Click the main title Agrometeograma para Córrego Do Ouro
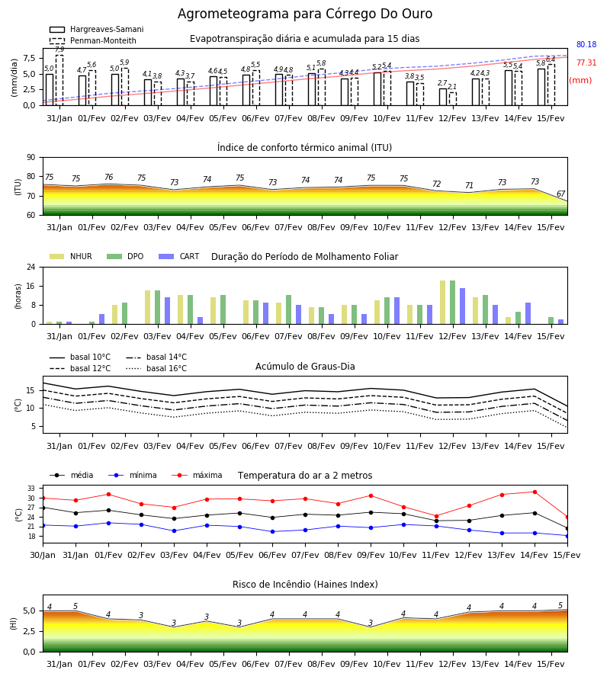coord(305,14)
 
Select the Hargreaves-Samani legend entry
coord(96,29)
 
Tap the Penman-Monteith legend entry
coord(93,40)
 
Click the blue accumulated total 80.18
coord(586,45)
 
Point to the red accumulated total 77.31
coord(586,63)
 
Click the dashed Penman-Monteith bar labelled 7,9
coord(59,80)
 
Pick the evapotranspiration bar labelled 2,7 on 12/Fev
coord(443,97)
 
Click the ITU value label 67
coord(560,194)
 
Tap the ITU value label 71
coord(469,185)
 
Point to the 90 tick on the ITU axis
coord(31,158)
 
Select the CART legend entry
coord(179,256)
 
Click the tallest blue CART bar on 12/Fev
coord(463,306)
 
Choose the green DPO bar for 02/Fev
coord(125,313)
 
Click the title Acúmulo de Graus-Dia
coord(305,367)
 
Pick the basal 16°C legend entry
coord(156,368)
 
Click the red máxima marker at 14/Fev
coord(535,492)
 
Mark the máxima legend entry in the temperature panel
coord(197,475)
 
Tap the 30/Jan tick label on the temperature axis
coord(43,555)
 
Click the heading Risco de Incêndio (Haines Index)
coord(305,585)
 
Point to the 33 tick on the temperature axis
coord(31,489)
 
